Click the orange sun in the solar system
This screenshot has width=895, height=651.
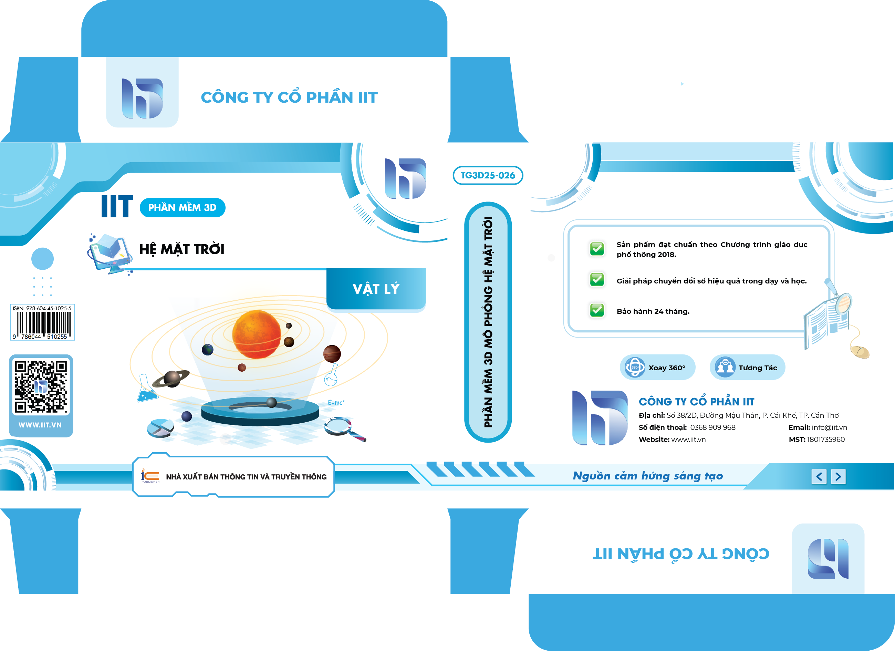click(x=257, y=334)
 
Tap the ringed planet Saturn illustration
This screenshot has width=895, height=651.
click(x=171, y=379)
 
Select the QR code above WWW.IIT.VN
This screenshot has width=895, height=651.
click(x=41, y=387)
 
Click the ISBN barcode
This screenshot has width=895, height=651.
click(x=43, y=322)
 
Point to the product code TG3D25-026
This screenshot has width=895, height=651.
click(x=488, y=175)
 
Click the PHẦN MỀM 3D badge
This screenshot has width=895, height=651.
click(x=182, y=208)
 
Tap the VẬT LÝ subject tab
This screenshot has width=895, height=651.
click(x=376, y=289)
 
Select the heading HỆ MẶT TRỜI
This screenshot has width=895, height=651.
click(x=182, y=249)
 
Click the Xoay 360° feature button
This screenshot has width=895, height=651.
click(x=657, y=367)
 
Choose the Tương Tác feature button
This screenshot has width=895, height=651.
click(x=747, y=367)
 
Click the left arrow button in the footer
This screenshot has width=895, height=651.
click(x=819, y=476)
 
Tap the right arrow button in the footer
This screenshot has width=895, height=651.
click(x=838, y=476)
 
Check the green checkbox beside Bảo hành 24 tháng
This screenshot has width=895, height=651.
click(x=597, y=310)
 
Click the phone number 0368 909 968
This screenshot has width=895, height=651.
click(x=713, y=427)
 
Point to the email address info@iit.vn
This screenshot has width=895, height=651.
click(x=829, y=427)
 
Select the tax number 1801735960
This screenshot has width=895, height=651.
click(x=826, y=440)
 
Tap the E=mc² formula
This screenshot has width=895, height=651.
click(x=336, y=402)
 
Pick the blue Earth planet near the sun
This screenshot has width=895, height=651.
click(x=208, y=349)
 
